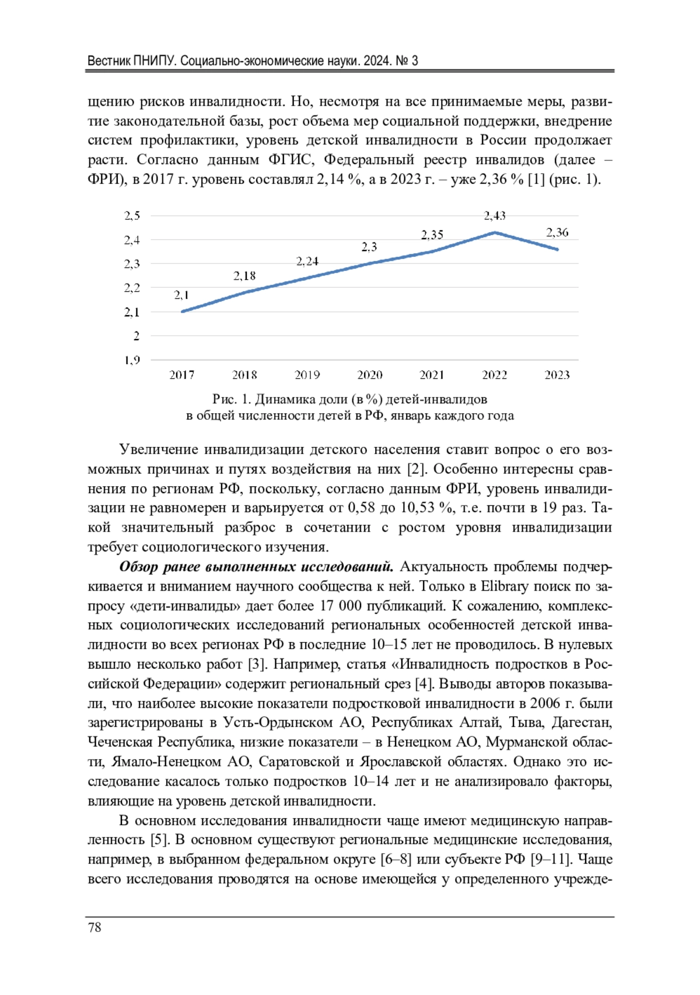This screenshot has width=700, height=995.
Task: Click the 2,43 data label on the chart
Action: [495, 216]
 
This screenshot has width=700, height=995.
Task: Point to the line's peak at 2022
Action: [495, 232]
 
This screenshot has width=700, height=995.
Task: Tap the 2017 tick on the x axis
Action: [182, 375]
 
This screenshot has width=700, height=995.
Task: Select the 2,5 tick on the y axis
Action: [132, 215]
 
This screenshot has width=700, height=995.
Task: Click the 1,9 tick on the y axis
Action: [132, 360]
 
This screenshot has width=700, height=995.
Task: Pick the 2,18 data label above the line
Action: [244, 276]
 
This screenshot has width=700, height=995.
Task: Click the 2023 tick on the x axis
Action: [557, 375]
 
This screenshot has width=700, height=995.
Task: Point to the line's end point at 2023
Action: [558, 249]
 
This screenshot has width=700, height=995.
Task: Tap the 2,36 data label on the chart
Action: [557, 232]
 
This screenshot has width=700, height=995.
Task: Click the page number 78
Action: [94, 927]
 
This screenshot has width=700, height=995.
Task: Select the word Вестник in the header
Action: [109, 61]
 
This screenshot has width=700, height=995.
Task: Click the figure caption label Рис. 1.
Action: [232, 399]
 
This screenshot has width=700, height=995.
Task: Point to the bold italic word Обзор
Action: [138, 567]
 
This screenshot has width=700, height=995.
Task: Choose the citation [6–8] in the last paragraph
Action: [396, 859]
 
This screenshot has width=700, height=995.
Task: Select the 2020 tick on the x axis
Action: [370, 375]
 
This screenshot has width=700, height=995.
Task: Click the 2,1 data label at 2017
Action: [181, 295]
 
